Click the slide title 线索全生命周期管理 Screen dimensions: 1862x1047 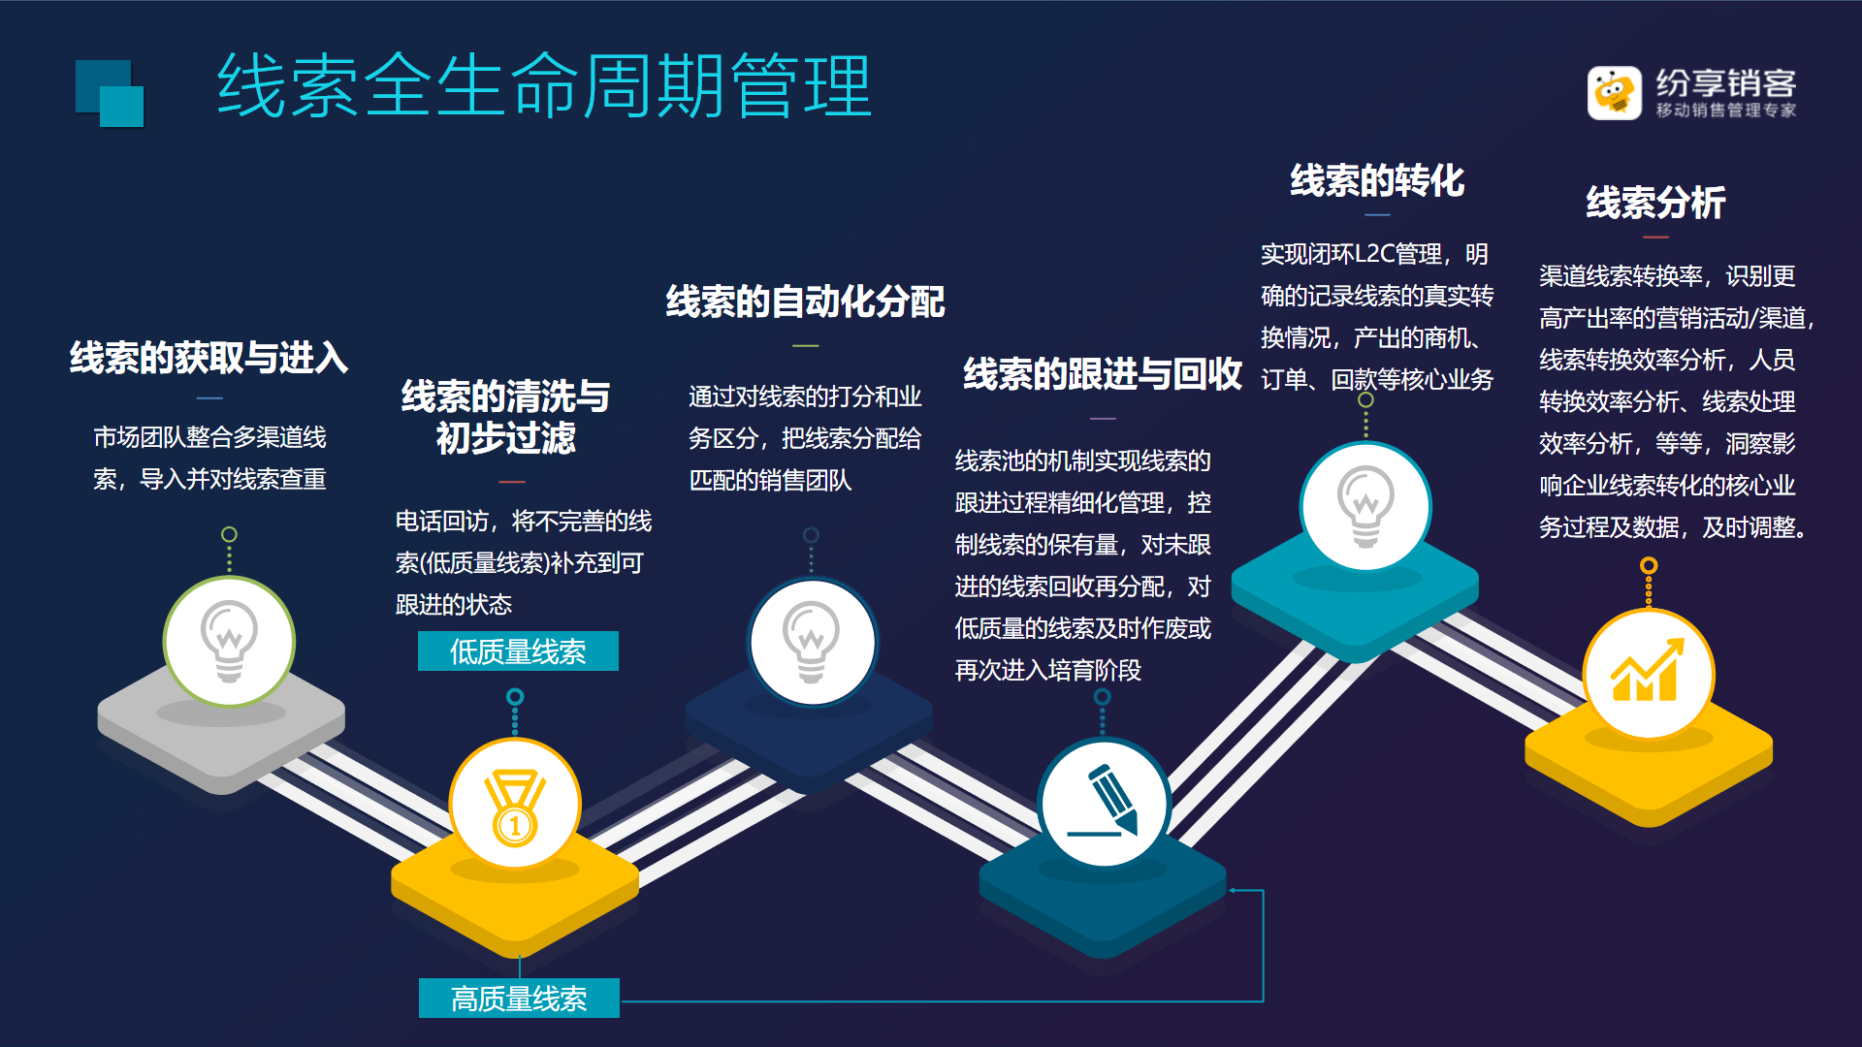click(x=544, y=86)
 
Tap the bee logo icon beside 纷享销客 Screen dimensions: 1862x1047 click(x=1614, y=93)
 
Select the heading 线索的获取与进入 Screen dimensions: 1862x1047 click(x=209, y=358)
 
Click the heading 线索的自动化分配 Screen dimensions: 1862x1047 click(x=805, y=301)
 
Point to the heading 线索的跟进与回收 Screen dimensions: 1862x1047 click(x=1103, y=374)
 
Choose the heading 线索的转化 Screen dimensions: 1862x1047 click(x=1377, y=181)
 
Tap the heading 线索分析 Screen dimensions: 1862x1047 click(x=1655, y=203)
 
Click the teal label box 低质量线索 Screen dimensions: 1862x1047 click(x=518, y=651)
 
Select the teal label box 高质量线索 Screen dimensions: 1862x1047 click(x=519, y=998)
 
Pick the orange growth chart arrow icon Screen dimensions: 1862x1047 click(x=1647, y=670)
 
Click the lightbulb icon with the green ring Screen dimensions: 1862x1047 click(x=229, y=641)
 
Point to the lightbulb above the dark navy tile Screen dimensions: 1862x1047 click(x=812, y=642)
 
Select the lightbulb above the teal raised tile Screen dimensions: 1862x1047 click(x=1365, y=506)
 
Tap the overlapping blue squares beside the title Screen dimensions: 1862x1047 click(x=110, y=93)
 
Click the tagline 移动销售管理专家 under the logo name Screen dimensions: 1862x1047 click(x=1726, y=111)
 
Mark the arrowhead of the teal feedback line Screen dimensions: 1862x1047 click(x=1233, y=890)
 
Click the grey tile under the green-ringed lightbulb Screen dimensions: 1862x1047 click(x=221, y=729)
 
